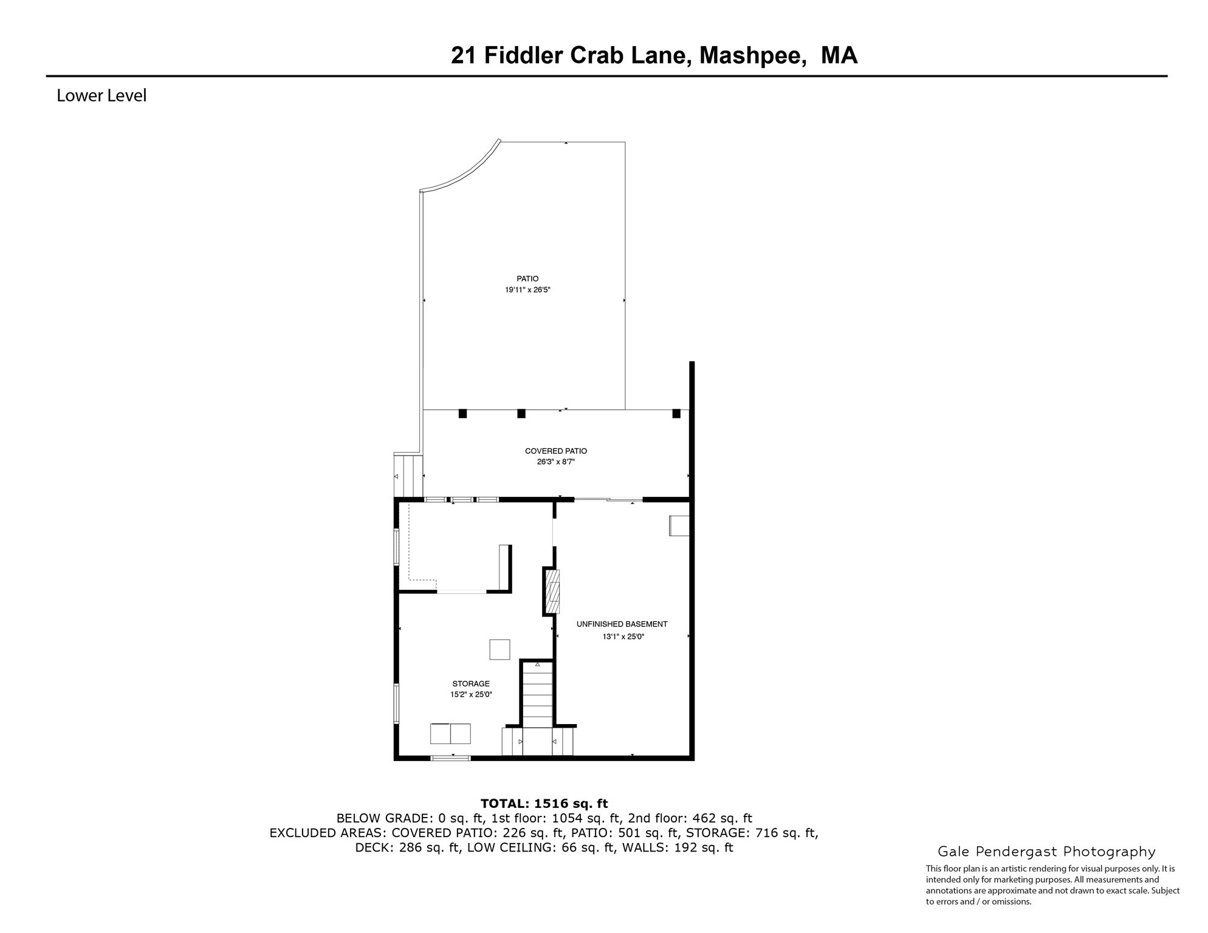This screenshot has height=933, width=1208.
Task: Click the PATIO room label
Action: click(x=527, y=279)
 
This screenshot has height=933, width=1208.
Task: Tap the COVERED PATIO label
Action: click(x=555, y=451)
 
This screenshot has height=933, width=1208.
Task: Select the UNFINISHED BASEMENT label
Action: click(x=622, y=624)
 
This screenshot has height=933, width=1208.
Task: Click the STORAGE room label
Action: click(x=470, y=684)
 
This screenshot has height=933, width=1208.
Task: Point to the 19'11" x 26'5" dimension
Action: click(x=527, y=290)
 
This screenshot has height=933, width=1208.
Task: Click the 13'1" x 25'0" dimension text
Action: click(x=623, y=637)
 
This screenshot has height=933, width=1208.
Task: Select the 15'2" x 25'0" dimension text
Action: click(x=470, y=695)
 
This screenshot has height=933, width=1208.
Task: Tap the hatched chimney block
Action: click(x=552, y=592)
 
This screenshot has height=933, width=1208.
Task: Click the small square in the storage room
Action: click(x=499, y=649)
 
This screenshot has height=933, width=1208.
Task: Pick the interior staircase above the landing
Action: click(x=537, y=695)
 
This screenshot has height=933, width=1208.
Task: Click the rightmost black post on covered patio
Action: click(x=676, y=414)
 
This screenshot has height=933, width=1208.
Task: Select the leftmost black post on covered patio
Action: click(x=462, y=414)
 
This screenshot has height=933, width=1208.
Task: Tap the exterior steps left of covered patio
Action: click(x=408, y=476)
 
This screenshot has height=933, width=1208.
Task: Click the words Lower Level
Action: click(x=101, y=96)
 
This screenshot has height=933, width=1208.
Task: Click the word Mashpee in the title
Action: click(x=753, y=55)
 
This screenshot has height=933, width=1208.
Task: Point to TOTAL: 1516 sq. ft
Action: click(x=544, y=804)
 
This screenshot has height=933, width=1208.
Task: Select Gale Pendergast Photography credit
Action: click(x=1046, y=852)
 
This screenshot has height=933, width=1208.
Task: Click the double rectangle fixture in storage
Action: click(x=450, y=734)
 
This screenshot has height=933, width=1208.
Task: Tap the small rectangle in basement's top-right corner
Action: click(x=679, y=525)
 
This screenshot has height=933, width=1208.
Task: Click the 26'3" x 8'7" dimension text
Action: click(x=555, y=462)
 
